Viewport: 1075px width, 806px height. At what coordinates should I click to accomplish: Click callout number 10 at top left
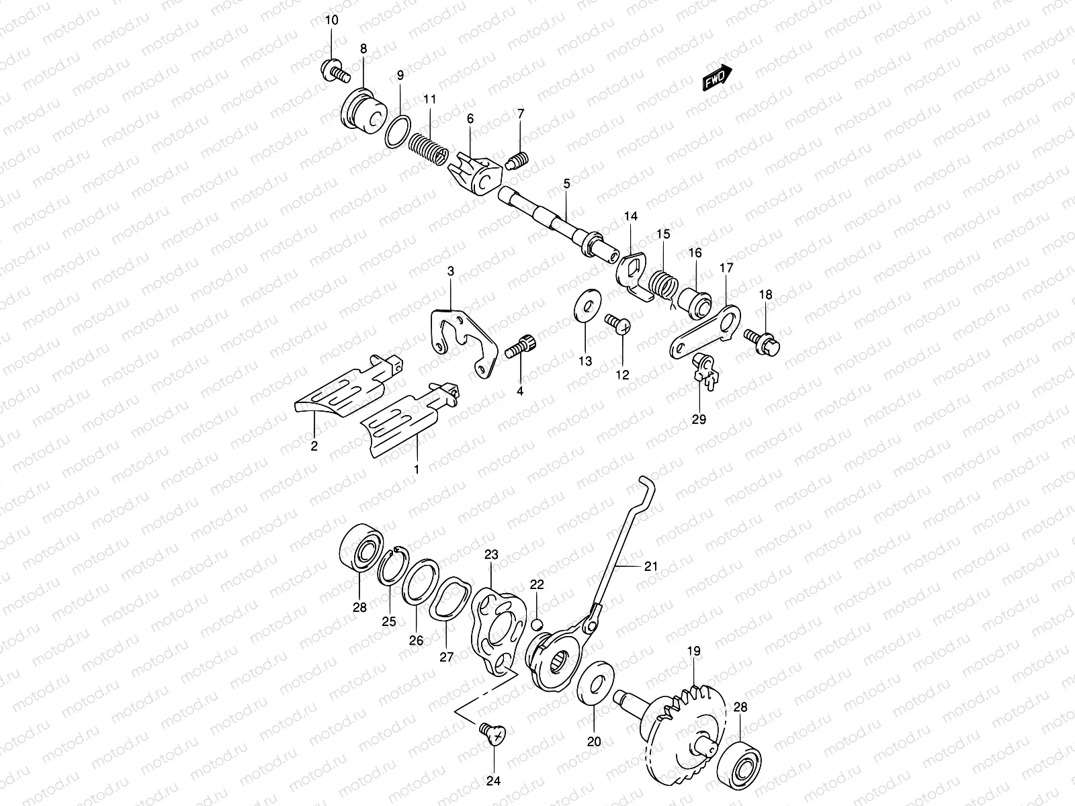[x=332, y=19]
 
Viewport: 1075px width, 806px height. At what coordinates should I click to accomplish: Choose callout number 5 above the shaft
[x=566, y=183]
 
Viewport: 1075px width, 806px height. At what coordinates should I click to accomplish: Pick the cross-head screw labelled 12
[x=617, y=323]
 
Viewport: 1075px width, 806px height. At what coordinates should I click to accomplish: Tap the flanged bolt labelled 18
[x=762, y=341]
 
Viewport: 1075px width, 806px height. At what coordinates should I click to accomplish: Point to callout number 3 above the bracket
[x=451, y=271]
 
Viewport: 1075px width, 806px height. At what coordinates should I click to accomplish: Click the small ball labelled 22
[x=537, y=625]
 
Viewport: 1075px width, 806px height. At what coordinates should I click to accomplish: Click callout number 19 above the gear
[x=693, y=652]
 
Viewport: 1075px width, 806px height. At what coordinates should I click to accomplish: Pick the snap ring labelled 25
[x=390, y=570]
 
